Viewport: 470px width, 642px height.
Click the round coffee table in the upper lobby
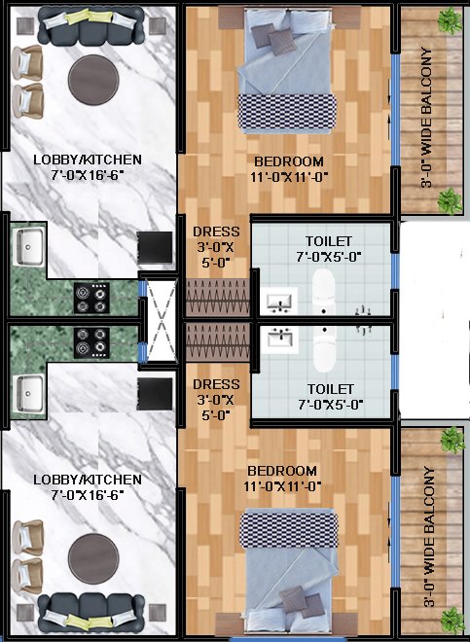click(x=93, y=80)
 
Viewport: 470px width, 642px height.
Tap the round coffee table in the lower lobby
click(x=93, y=558)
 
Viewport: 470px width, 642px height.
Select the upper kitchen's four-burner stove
click(x=91, y=299)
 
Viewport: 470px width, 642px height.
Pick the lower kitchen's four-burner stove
click(x=91, y=342)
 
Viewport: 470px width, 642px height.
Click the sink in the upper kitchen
click(x=29, y=246)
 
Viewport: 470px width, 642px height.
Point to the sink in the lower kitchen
click(x=29, y=393)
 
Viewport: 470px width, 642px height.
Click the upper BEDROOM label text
click(x=288, y=161)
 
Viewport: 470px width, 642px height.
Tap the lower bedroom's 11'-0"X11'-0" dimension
click(x=282, y=486)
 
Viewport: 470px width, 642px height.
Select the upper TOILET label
click(x=329, y=241)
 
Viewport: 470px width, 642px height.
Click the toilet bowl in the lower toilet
click(x=325, y=347)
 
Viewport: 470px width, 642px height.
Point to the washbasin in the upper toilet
click(x=279, y=301)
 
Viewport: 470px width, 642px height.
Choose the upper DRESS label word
click(x=216, y=232)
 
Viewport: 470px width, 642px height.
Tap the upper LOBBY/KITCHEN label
click(x=88, y=160)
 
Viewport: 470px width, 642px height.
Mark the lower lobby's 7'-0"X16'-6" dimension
click(x=88, y=495)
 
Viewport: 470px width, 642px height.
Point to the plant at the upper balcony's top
click(x=450, y=20)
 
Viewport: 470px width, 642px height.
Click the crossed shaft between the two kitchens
click(x=162, y=321)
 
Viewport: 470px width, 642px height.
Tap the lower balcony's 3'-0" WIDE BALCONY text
click(x=427, y=536)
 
